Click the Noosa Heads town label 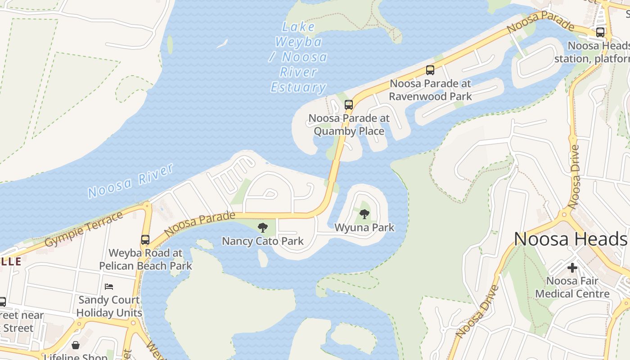tap(570, 239)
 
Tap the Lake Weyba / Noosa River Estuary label tap(298, 57)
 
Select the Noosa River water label tap(130, 181)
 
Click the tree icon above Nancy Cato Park tap(262, 228)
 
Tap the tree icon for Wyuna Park tap(364, 214)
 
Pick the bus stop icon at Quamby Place tap(348, 105)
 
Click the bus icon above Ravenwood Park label tap(430, 70)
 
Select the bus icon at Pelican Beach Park tap(145, 240)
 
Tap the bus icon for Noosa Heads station tap(600, 32)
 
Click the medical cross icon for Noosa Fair tap(572, 268)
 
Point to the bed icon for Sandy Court tap(109, 286)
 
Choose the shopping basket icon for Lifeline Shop tap(76, 345)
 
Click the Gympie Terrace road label tap(84, 229)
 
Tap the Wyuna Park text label tap(364, 228)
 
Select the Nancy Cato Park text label tap(263, 241)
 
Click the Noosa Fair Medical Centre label tap(572, 288)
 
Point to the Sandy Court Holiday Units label tap(109, 306)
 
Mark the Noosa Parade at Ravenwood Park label tap(430, 90)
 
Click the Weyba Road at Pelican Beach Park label tap(145, 260)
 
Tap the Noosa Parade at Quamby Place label tap(349, 125)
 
